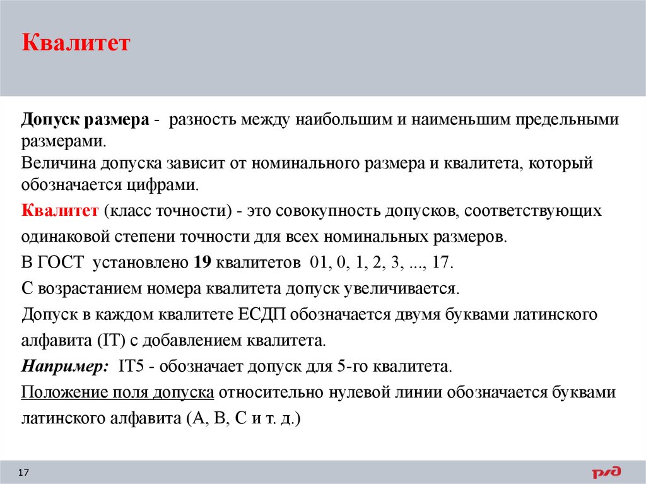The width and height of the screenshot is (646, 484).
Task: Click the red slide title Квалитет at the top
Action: click(76, 44)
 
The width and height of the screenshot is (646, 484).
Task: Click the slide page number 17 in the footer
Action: click(25, 473)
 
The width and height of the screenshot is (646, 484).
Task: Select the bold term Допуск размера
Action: click(86, 119)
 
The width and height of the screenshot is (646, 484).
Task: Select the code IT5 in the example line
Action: click(126, 367)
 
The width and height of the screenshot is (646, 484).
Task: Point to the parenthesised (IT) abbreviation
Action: click(111, 341)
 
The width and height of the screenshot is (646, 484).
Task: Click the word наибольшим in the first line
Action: click(347, 119)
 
